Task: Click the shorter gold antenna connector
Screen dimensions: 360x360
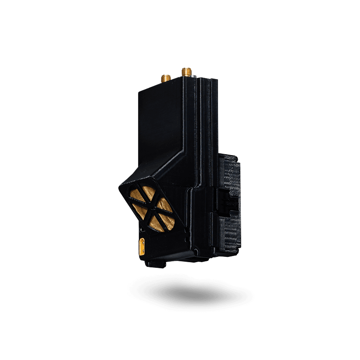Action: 166,79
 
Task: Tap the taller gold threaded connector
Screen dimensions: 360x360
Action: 187,71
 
